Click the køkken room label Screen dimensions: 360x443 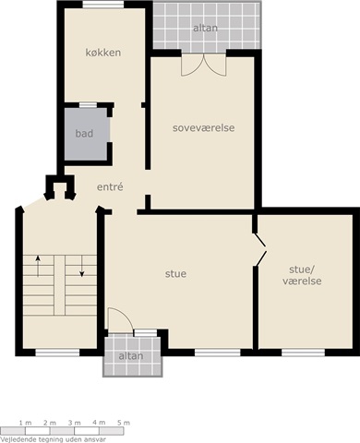coord(103,53)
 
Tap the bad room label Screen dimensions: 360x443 coord(84,134)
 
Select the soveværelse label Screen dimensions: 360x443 coord(204,127)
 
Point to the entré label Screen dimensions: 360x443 coord(110,186)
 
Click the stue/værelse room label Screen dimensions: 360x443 coord(302,275)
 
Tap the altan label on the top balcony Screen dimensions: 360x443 coord(206,28)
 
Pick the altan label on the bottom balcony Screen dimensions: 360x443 coord(131,356)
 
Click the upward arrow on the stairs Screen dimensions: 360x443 coord(38,266)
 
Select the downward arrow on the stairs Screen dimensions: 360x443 coord(82,266)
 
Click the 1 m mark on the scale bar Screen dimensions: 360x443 coord(25,423)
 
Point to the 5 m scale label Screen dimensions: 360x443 coord(124,423)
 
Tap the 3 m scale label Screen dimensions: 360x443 coord(75,423)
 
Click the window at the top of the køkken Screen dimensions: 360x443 coord(103,5)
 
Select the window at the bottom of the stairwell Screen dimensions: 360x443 coord(57,353)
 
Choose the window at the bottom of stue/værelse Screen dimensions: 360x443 coord(303,353)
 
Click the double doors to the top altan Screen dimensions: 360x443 coord(204,65)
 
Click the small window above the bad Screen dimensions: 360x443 coord(88,105)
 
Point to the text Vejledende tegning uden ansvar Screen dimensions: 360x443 coord(54,439)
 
